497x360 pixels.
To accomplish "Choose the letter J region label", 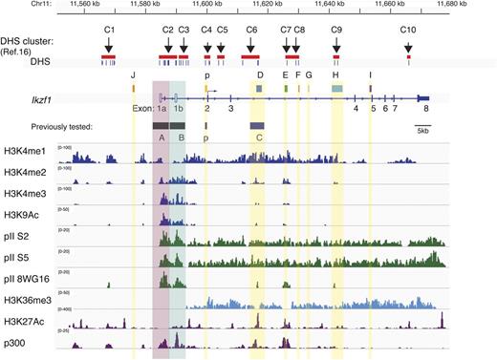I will [x=134, y=74].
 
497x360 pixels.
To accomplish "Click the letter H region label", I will [x=335, y=74].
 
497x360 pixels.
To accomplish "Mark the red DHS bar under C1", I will [x=108, y=58].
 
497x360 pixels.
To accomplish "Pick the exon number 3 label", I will [x=231, y=110].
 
